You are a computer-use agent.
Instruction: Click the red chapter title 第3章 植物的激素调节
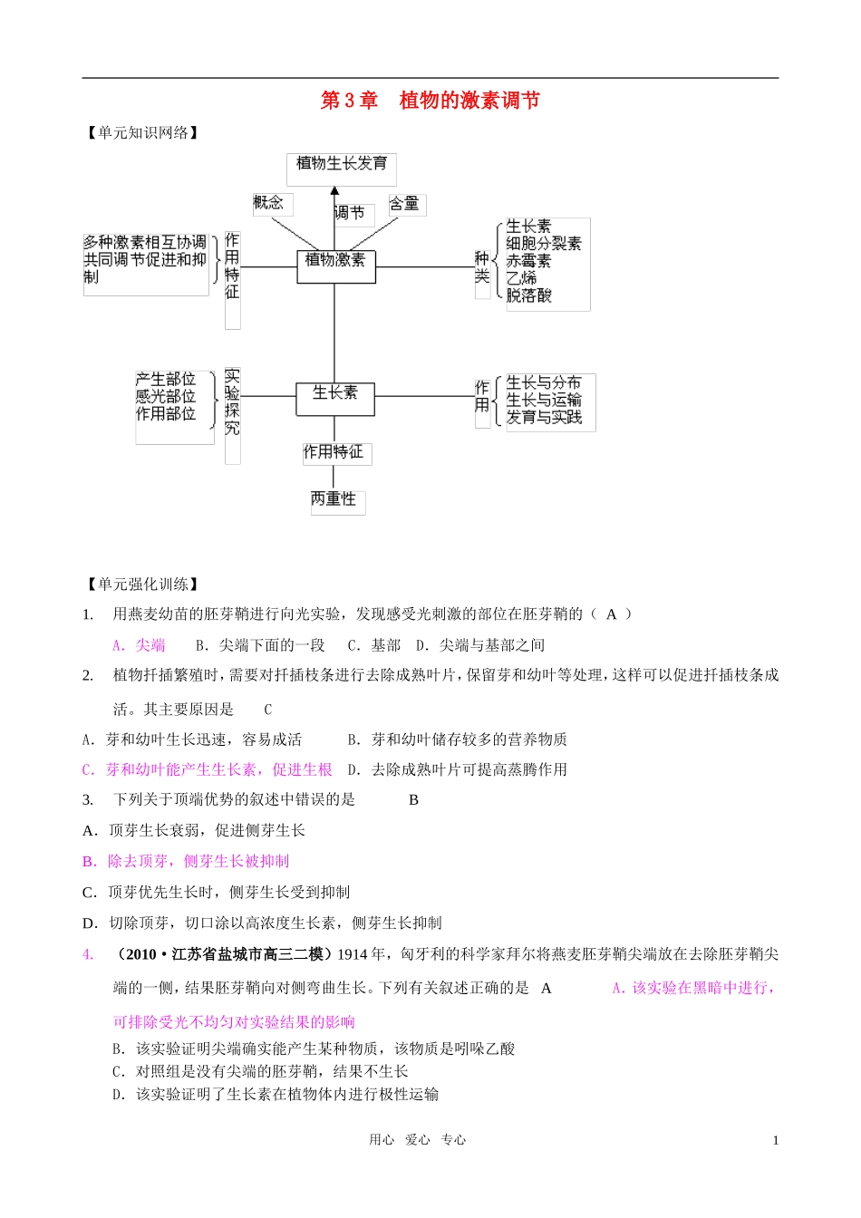click(430, 101)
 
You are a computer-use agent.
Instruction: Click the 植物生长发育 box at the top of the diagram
click(341, 164)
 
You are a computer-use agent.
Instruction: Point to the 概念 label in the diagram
click(268, 202)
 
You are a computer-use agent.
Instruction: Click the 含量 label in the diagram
click(405, 204)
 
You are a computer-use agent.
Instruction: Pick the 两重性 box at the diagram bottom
click(334, 499)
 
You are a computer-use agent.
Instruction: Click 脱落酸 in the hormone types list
click(529, 295)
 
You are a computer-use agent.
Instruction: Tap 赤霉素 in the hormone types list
click(529, 261)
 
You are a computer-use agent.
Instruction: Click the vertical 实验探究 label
click(232, 401)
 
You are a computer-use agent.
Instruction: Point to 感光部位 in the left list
click(166, 396)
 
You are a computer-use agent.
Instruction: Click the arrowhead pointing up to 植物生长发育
click(335, 191)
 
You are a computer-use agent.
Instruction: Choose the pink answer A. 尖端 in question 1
click(139, 645)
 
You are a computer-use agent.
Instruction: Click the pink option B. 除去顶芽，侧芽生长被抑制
click(186, 861)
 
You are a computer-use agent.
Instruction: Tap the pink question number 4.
click(88, 954)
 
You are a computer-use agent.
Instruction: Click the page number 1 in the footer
click(776, 1141)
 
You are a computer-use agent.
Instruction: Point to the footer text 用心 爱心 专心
click(418, 1140)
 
